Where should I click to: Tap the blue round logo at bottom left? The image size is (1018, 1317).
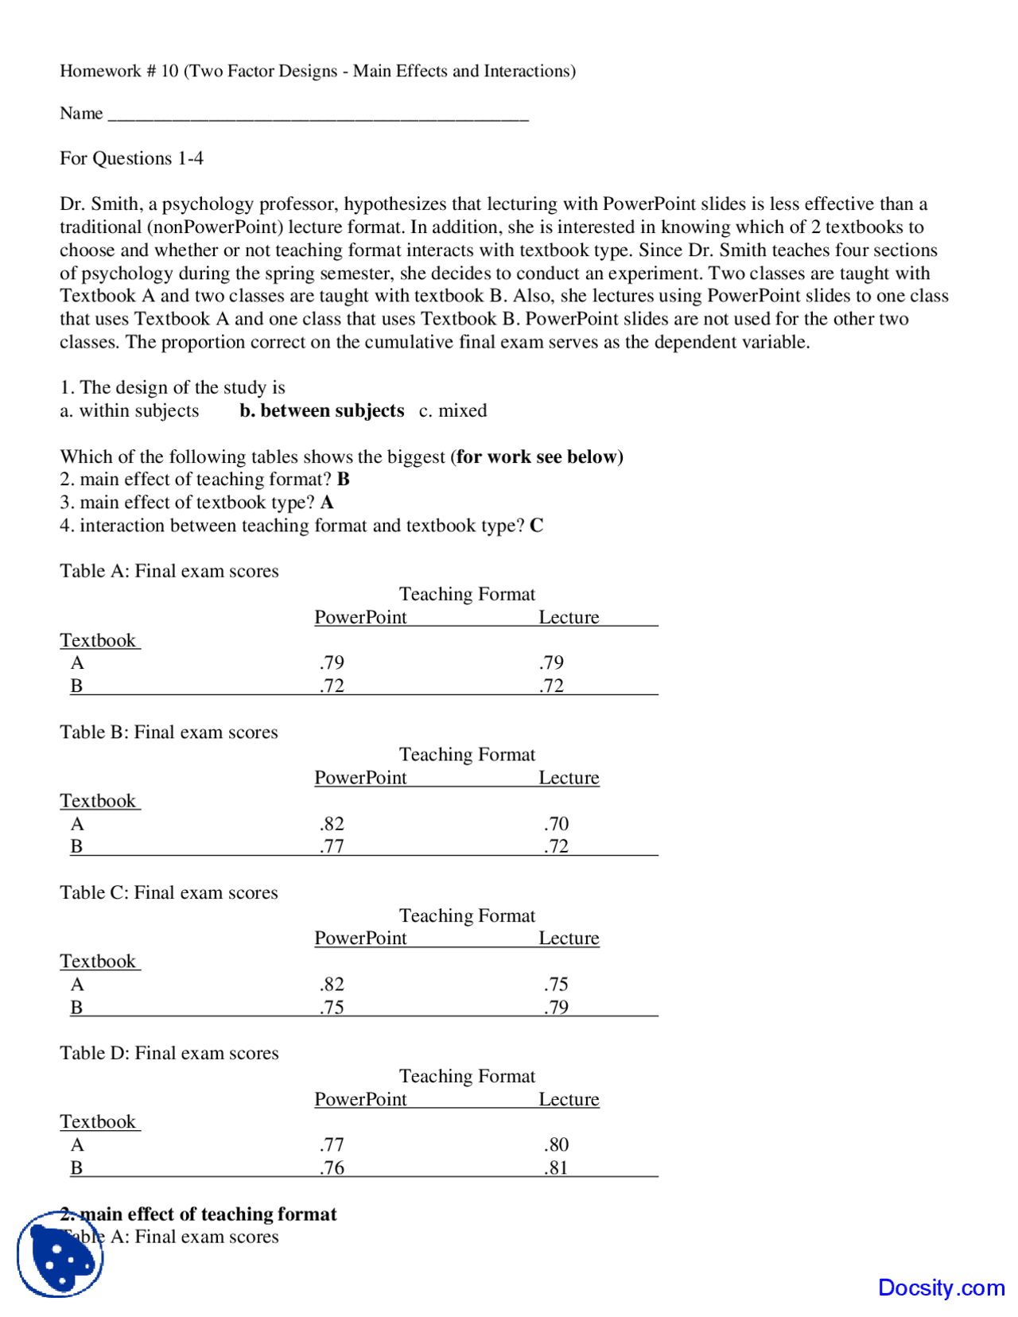60,1254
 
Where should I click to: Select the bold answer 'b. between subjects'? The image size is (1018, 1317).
321,410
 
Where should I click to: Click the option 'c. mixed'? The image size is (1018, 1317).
453,410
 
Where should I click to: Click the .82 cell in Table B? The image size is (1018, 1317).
332,823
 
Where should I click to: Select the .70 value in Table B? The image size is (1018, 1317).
556,823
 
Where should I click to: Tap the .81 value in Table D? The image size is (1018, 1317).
556,1167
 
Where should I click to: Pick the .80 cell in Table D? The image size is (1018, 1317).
556,1144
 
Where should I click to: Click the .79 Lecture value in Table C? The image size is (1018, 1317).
556,1006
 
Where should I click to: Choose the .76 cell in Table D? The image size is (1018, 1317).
332,1167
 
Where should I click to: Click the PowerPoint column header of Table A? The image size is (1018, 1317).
360,617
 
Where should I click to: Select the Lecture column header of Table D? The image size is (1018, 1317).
569,1099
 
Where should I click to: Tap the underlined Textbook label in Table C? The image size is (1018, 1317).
99,961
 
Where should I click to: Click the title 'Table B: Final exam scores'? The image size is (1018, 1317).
169,732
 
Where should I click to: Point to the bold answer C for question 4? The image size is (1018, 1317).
536,525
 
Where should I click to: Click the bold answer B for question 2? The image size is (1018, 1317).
343,479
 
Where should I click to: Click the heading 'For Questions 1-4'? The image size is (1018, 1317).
131,158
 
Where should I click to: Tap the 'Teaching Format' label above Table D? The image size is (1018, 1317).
467,1076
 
